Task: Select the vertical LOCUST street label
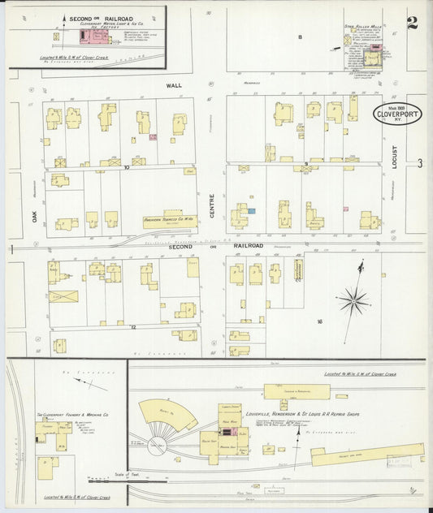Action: (x=395, y=156)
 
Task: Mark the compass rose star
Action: (x=354, y=303)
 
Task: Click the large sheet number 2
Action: (x=412, y=22)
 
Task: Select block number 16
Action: (x=319, y=322)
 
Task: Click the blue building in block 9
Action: (x=252, y=211)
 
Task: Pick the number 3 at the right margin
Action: (x=419, y=163)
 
